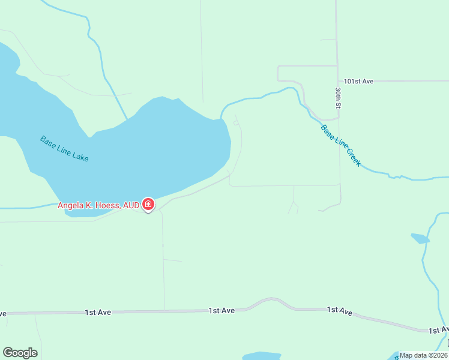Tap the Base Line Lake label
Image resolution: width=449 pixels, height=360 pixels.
click(64, 149)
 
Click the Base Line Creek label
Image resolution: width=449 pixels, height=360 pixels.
click(340, 145)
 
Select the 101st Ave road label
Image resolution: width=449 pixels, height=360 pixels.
click(359, 80)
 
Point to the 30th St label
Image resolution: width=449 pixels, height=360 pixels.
click(339, 97)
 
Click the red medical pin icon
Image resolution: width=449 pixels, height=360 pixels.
click(148, 205)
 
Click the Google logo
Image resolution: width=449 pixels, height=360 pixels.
click(20, 353)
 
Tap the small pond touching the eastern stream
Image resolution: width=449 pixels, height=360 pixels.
click(420, 238)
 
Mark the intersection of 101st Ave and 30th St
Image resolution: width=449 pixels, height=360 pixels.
click(337, 80)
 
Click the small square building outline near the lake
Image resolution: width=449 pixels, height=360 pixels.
click(236, 123)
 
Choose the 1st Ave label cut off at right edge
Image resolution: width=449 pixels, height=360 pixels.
click(438, 330)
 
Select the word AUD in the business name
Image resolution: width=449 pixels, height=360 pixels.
click(131, 205)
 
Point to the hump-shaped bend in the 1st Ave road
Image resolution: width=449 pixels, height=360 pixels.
click(271, 299)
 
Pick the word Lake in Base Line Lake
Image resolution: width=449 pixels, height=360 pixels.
click(80, 157)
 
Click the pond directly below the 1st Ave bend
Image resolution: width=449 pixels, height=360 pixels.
click(261, 356)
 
